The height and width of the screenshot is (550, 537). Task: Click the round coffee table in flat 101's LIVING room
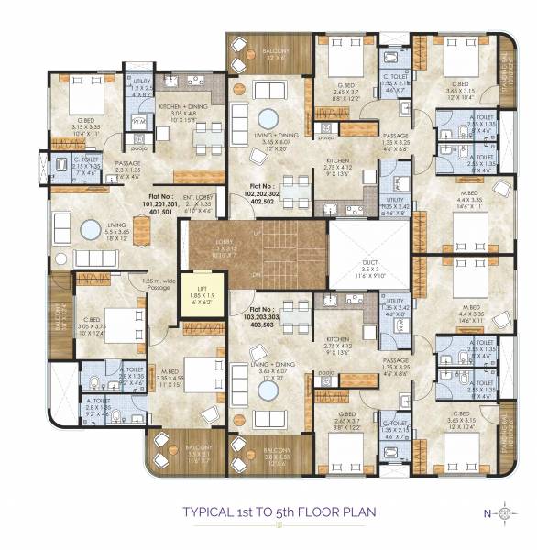(92, 228)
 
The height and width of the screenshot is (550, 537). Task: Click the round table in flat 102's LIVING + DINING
(268, 119)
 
